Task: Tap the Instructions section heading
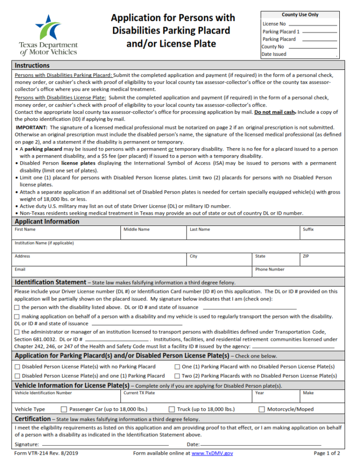32,66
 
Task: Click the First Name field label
25,230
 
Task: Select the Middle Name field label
136,230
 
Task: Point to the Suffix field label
308,230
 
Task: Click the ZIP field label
306,256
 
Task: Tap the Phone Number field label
270,270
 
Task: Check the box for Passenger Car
64,409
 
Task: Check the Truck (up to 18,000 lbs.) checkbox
172,409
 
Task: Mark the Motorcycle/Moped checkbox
262,409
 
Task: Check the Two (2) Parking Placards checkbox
177,376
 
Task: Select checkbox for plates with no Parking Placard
17,367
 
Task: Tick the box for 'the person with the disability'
17,308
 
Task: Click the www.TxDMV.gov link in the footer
212,453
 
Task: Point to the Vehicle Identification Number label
43,393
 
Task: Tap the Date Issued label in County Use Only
274,54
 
